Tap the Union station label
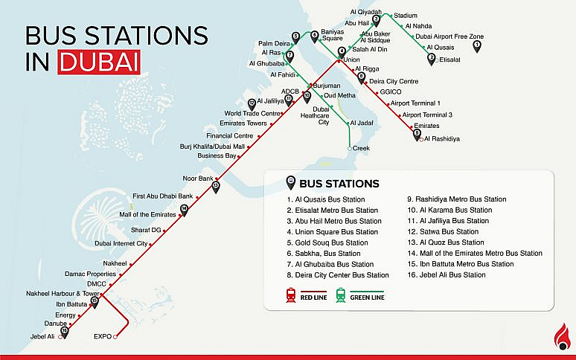[352, 60]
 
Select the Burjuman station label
[327, 86]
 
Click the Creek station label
[361, 149]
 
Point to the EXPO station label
[102, 337]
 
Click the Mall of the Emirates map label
[142, 214]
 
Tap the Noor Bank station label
[198, 179]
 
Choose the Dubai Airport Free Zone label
[449, 36]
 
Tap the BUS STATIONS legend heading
[339, 184]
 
